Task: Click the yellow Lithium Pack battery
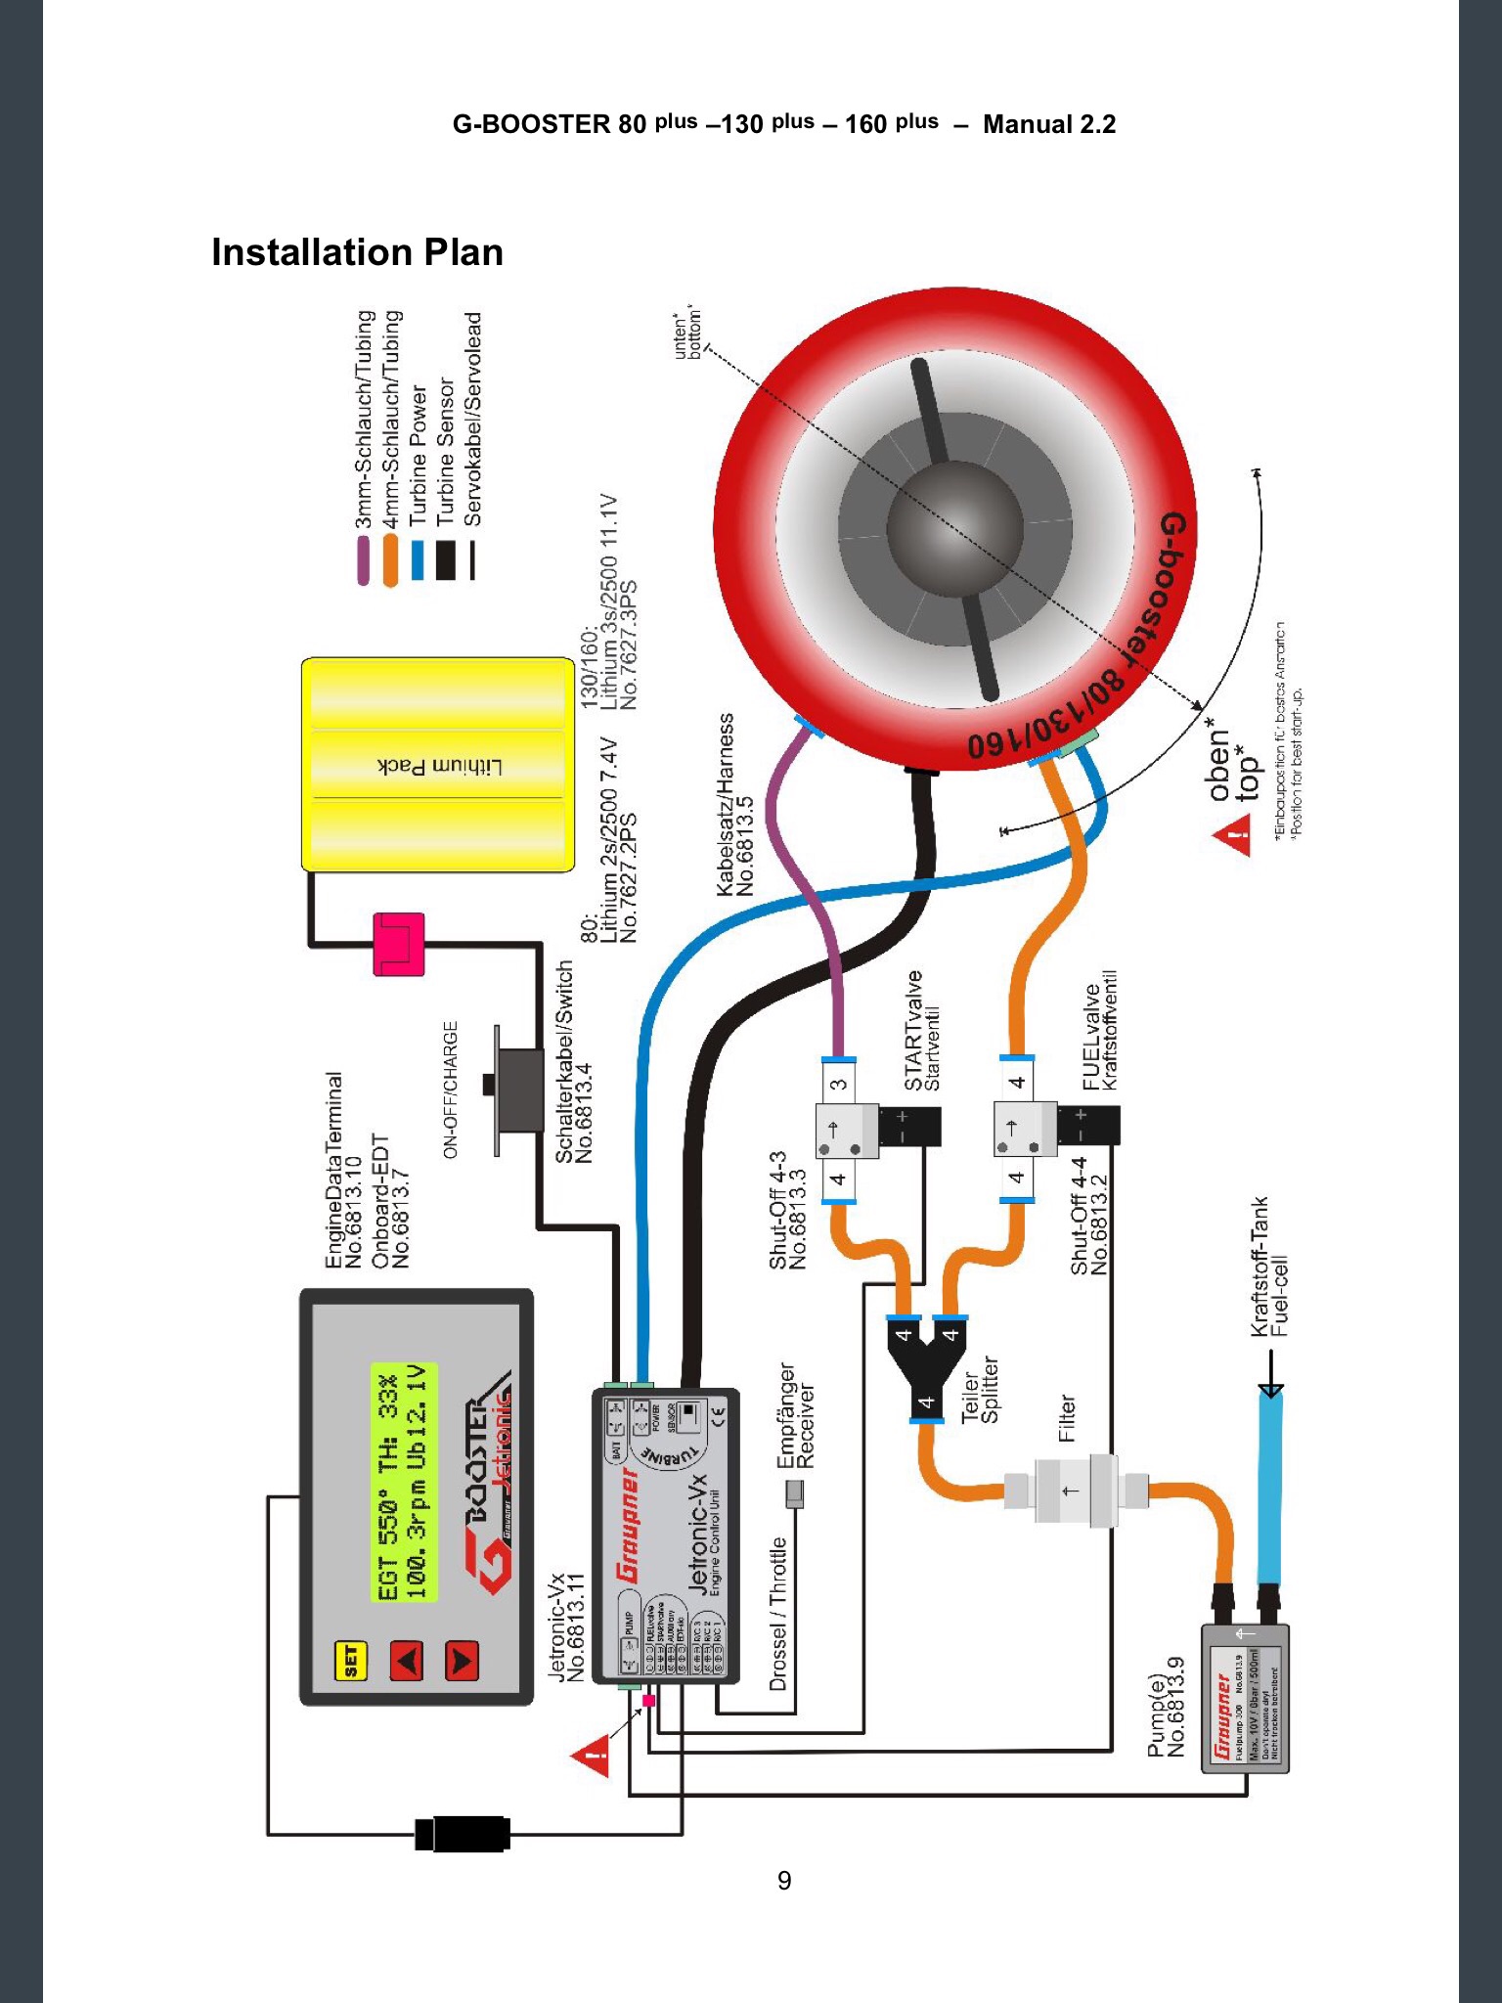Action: pos(437,765)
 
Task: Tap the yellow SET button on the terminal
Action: pos(349,1660)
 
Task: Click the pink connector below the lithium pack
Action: pos(399,944)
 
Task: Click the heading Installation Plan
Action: pos(357,252)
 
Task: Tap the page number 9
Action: pos(784,1881)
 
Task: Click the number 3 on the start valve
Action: pos(838,1084)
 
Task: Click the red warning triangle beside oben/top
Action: pos(1235,838)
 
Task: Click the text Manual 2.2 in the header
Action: pos(1048,124)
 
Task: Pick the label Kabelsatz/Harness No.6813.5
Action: pos(734,804)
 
